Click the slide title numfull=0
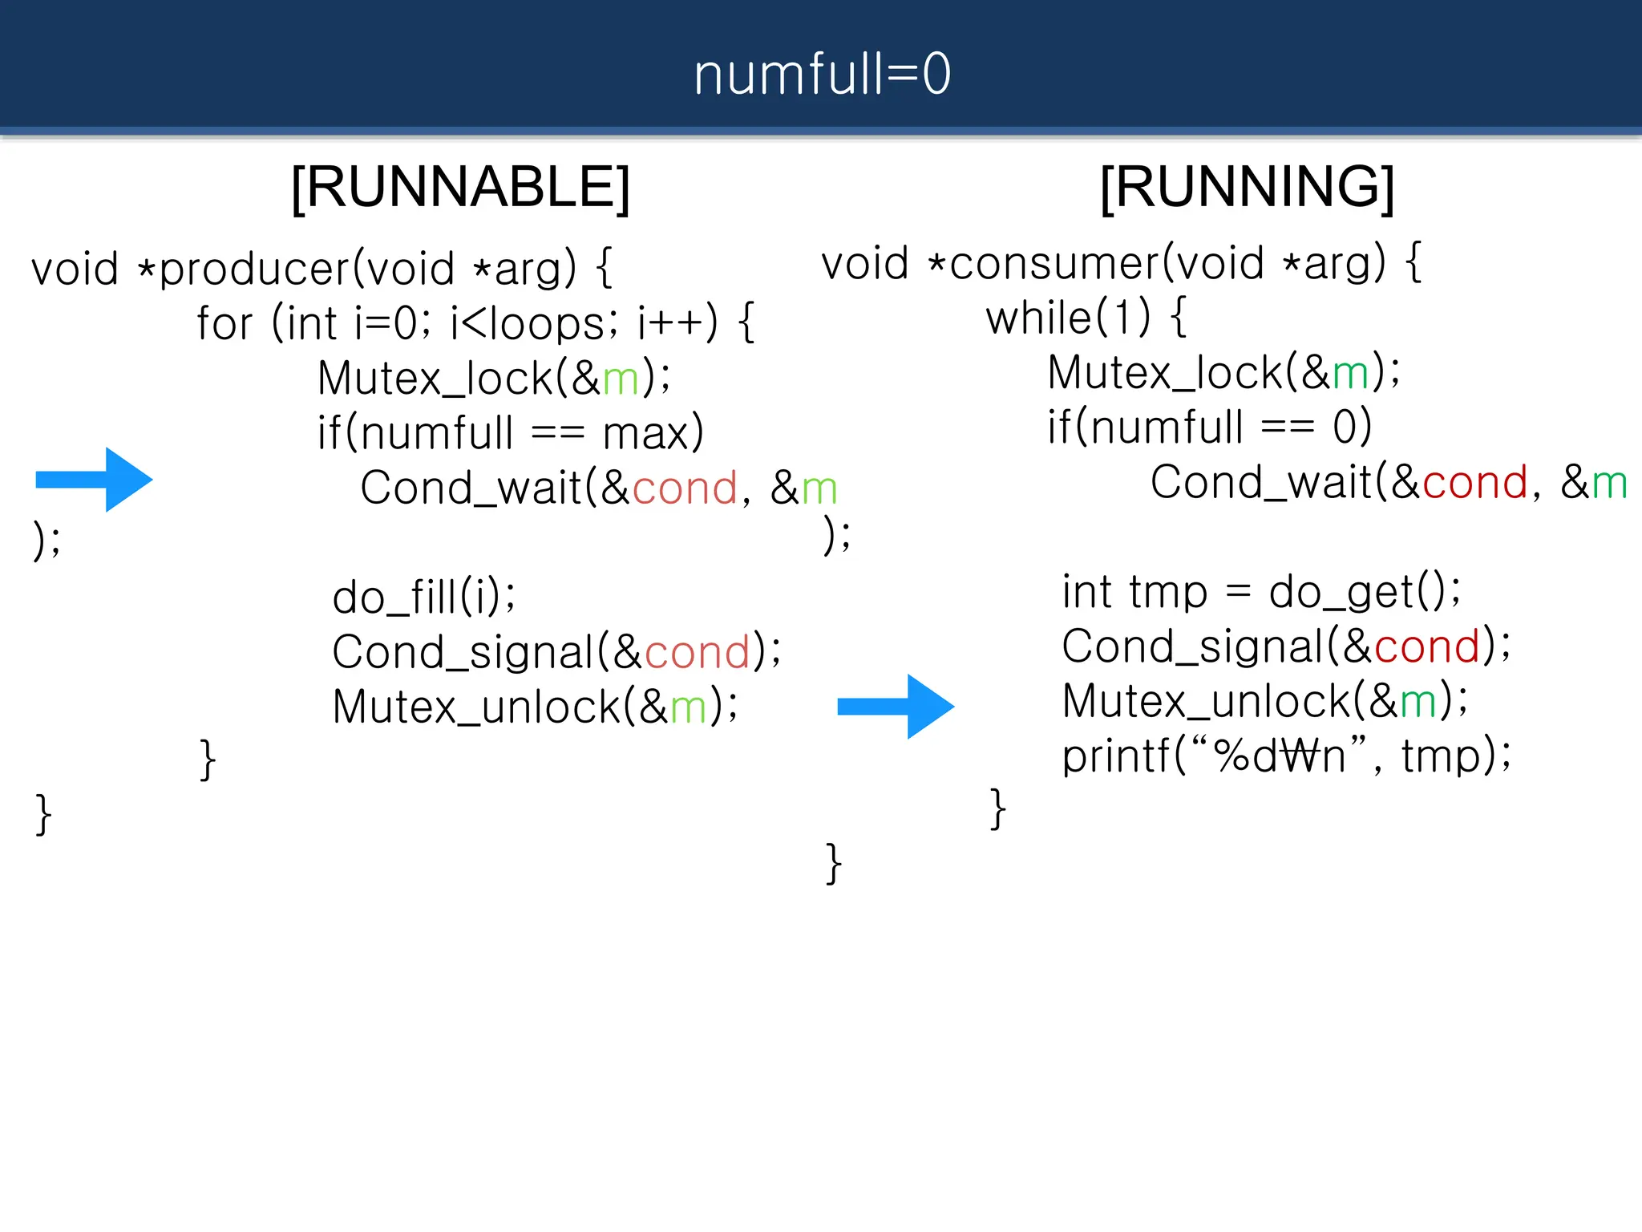822,74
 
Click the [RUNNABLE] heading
460,187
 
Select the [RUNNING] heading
1247,187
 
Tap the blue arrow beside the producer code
95,480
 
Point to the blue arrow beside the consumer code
896,706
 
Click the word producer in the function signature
254,269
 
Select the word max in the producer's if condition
646,434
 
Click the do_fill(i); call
424,597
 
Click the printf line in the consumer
1286,756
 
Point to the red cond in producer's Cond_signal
697,652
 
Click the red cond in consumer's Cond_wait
1475,483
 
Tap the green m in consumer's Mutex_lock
1350,373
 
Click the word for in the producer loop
224,323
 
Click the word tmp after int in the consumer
1167,593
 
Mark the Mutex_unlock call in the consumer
1264,701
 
